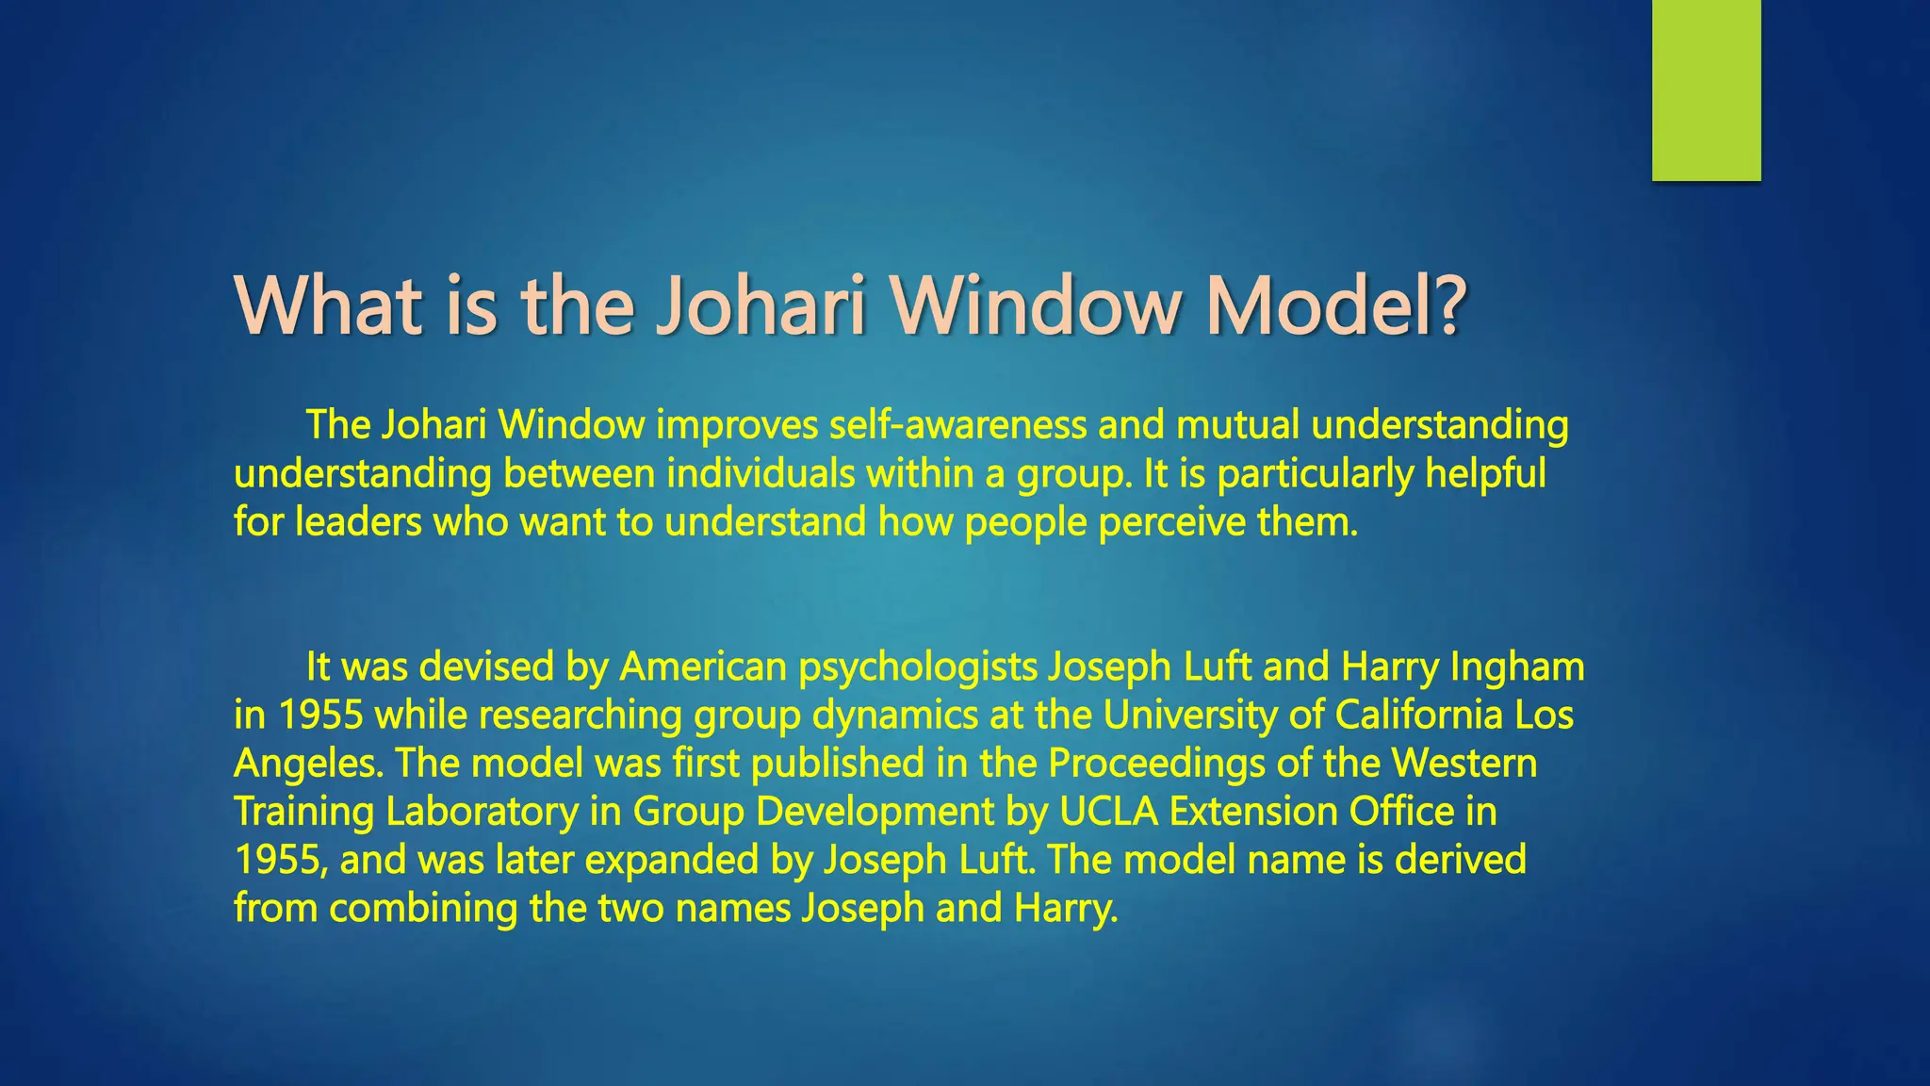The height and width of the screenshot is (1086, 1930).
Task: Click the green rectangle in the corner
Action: click(1706, 90)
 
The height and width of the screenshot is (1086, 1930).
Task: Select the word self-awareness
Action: click(957, 425)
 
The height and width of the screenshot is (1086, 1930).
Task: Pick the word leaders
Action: click(357, 521)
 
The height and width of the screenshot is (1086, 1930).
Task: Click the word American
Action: click(702, 667)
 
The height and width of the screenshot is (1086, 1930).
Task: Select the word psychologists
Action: click(917, 667)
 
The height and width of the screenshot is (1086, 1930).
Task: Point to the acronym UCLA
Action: click(1108, 812)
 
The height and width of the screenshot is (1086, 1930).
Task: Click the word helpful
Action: click(1485, 473)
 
